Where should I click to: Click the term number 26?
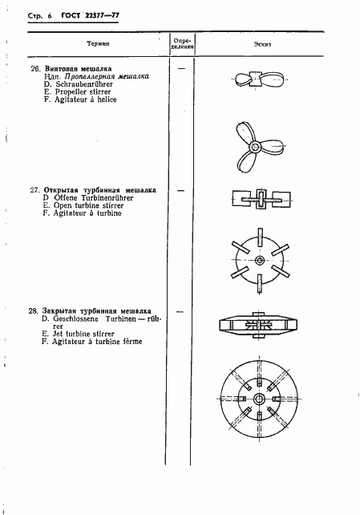pyautogui.click(x=35, y=69)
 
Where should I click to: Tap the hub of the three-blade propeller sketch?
pyautogui.click(x=256, y=147)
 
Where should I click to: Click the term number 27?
pyautogui.click(x=35, y=191)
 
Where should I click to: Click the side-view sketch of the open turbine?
pyautogui.click(x=260, y=200)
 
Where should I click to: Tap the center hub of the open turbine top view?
pyautogui.click(x=260, y=261)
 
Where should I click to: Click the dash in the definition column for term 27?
pyautogui.click(x=180, y=191)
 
